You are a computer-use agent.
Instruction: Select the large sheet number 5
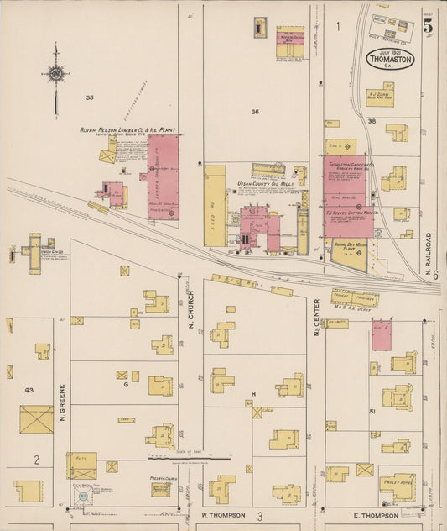(428, 26)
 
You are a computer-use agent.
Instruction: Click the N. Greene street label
(62, 402)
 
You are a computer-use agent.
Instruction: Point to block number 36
(255, 111)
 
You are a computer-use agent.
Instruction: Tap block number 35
(89, 97)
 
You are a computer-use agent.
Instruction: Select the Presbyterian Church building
(161, 488)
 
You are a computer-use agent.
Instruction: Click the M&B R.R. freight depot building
(355, 297)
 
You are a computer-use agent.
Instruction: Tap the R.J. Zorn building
(380, 97)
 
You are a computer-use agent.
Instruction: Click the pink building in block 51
(382, 334)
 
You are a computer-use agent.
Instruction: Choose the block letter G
(126, 384)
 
